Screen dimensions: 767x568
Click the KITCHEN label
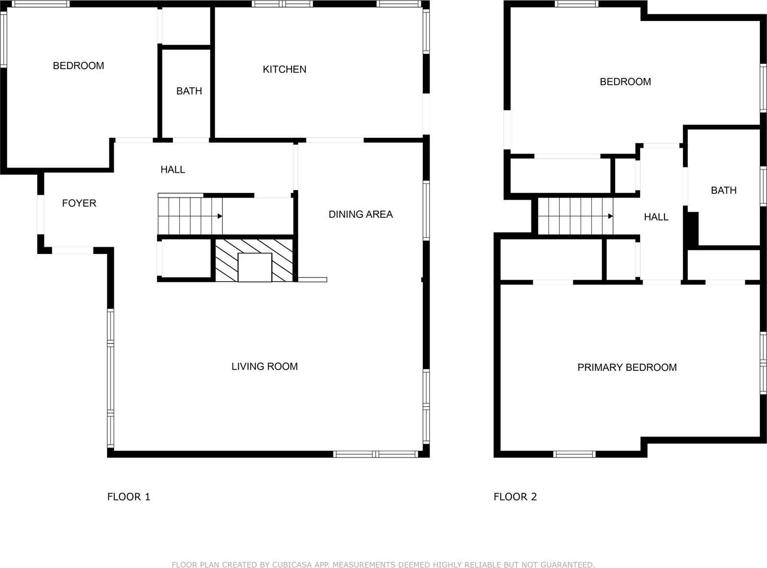284,69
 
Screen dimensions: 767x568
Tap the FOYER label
79,203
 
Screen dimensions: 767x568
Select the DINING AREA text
360,214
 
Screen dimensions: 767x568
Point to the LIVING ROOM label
265,366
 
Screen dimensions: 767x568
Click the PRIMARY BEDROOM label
627,367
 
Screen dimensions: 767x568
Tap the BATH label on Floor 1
189,91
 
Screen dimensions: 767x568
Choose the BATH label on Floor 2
723,190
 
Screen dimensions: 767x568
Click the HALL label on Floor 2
656,217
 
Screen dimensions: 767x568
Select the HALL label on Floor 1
173,169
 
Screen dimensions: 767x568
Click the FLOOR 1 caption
128,497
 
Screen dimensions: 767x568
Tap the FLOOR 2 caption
515,497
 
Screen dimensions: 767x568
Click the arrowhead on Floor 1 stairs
220,216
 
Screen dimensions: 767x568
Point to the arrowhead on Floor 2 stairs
610,216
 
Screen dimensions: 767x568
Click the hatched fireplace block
254,260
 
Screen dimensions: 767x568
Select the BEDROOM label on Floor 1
79,66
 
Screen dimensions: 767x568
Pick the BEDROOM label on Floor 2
625,81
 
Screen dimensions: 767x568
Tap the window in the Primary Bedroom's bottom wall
574,454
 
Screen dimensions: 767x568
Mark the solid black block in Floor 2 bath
693,229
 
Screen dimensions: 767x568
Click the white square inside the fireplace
255,267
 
